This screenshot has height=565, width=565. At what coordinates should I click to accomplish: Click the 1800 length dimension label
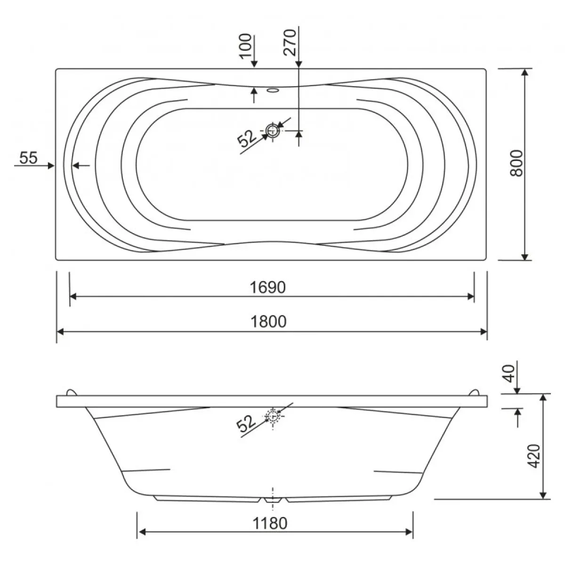coord(268,322)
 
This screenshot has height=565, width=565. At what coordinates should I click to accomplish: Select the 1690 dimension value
coord(268,287)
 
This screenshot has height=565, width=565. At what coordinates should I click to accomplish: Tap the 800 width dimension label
coord(517,163)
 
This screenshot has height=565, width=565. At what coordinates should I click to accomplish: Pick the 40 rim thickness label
coord(510,373)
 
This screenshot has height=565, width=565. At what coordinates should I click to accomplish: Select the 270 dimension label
coord(290,42)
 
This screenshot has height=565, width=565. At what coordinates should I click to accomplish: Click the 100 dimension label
coord(245,46)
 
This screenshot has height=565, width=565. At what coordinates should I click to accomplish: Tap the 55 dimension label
coord(28,158)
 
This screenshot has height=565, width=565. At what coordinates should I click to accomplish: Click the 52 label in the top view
coord(247,138)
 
